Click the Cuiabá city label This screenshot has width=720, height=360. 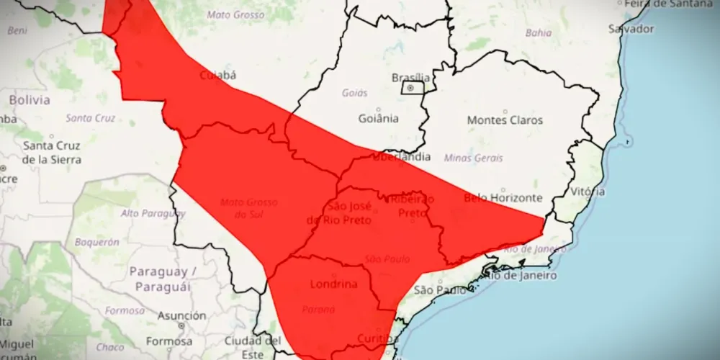tap(217, 74)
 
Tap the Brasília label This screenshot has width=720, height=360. tap(410, 77)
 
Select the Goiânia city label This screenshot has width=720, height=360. tap(378, 119)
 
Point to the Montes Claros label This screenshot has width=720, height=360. tap(505, 120)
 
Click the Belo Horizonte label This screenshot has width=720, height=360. tap(503, 197)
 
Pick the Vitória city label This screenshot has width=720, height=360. tap(588, 192)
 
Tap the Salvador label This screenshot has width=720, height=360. tap(631, 30)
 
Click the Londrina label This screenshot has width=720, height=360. tap(333, 284)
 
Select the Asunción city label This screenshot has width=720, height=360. tap(181, 315)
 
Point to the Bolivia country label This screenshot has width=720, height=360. tap(30, 100)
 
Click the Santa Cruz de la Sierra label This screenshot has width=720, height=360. tap(52, 152)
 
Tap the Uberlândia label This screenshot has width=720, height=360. tap(402, 156)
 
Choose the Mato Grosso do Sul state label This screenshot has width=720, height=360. tap(248, 207)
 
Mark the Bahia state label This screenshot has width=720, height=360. tap(539, 32)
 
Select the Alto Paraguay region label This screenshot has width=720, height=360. tap(153, 213)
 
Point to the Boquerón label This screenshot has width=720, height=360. tap(96, 243)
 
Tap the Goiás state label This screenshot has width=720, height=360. tap(355, 93)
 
